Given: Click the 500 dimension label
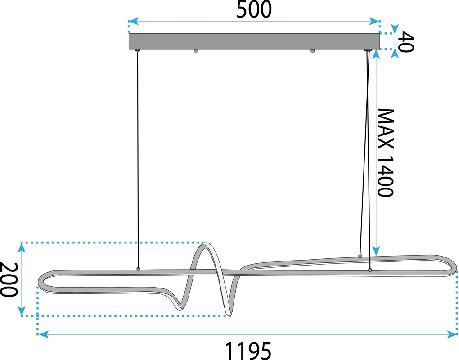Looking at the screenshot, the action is [254, 10].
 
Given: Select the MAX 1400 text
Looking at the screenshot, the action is [385, 153].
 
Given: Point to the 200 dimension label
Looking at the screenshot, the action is [9, 279].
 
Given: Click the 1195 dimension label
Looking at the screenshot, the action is [248, 351].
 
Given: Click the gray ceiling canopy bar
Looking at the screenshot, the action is [254, 41].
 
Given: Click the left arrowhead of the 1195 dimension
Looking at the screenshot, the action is [44, 334].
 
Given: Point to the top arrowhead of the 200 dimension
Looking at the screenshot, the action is [21, 248].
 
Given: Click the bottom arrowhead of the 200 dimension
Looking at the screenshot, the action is [21, 310].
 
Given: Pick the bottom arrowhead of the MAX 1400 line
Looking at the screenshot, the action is [377, 251].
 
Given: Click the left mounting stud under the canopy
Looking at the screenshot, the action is [196, 51].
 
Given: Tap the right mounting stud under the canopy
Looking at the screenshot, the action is [313, 51].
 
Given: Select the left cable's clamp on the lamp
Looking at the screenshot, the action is [138, 269].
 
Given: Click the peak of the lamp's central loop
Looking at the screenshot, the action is [206, 244].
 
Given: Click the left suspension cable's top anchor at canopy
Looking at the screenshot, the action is [137, 51].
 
